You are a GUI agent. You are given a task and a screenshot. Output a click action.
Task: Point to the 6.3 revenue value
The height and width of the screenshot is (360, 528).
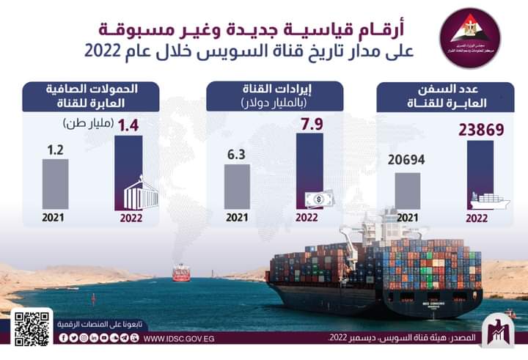(236, 155)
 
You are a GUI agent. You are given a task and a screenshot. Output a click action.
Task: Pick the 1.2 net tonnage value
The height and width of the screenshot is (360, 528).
(55, 151)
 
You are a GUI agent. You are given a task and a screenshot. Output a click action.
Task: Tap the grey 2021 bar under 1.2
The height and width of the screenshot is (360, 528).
(55, 183)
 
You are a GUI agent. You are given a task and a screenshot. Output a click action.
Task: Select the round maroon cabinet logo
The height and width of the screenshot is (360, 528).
(469, 37)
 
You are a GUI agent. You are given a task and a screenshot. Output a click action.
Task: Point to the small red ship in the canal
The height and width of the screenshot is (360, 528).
(180, 273)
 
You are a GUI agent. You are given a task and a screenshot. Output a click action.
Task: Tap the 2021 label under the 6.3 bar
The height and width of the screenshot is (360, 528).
(236, 218)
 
